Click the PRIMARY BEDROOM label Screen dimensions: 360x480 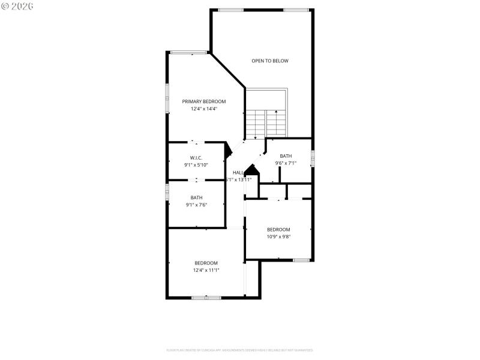click(x=204, y=101)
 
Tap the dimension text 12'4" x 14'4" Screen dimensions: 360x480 click(x=204, y=109)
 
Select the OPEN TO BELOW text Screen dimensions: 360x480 click(x=270, y=61)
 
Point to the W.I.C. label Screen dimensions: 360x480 click(x=196, y=157)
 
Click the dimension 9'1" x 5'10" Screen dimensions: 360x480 click(x=196, y=164)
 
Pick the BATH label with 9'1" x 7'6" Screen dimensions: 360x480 click(x=196, y=197)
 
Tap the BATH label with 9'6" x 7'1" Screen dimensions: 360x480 click(x=286, y=156)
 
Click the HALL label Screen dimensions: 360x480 click(x=238, y=173)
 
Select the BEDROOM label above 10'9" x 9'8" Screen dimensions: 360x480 click(x=278, y=229)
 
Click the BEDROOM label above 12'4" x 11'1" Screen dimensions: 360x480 click(x=206, y=263)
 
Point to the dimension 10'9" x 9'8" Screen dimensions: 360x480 click(x=278, y=236)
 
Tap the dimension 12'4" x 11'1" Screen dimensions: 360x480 click(x=206, y=270)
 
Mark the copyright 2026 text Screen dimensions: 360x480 click(x=17, y=5)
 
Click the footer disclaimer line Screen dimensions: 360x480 click(x=239, y=350)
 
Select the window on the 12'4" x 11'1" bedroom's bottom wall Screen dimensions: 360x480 click(x=206, y=298)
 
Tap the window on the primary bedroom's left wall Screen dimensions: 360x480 click(x=167, y=97)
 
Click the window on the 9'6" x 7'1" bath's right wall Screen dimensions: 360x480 click(x=312, y=158)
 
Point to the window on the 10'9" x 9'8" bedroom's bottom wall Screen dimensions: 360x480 click(x=301, y=260)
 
